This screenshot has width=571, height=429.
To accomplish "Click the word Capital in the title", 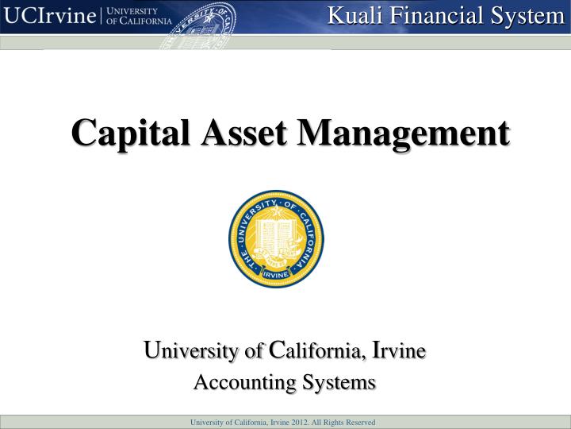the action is coord(130,133).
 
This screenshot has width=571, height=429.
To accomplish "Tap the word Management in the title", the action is coord(404,134).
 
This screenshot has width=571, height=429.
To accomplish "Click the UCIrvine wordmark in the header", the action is coord(49,16).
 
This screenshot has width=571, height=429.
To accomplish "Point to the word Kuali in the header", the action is coord(354,16).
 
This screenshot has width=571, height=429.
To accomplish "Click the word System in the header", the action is coord(527,17).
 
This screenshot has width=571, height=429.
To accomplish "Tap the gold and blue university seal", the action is coord(277,239).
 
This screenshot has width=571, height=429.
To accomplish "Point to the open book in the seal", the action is coord(276,234).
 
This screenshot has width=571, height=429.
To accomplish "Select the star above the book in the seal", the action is coord(277,211).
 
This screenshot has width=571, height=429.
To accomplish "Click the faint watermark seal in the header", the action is coord(198,25).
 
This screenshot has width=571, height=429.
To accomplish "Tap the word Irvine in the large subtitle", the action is coord(399,350).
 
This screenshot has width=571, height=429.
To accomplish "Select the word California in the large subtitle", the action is coord(316,350).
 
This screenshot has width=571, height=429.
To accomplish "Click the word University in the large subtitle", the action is coord(191,351).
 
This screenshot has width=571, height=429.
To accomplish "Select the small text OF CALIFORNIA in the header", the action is coord(139,21).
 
